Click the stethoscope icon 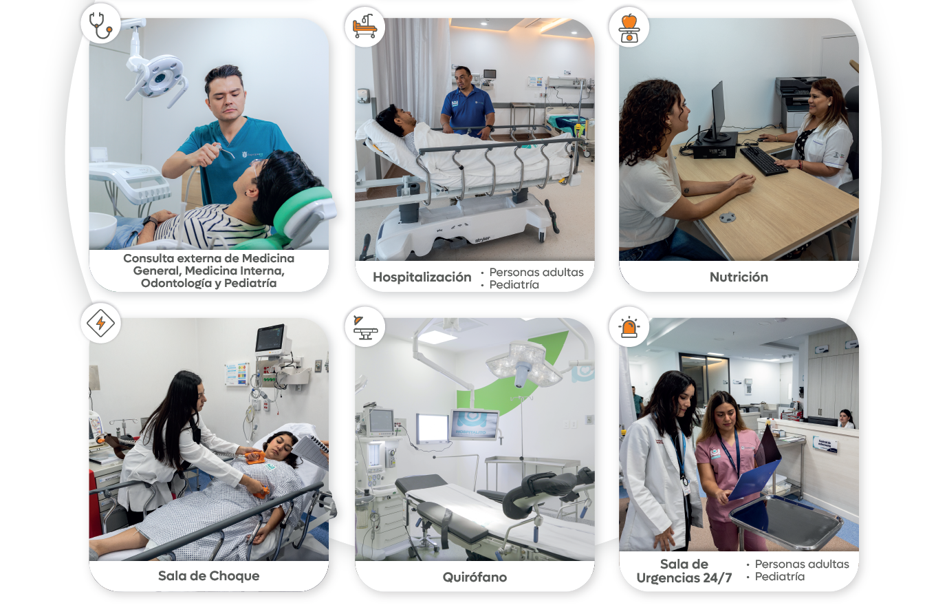[100, 25]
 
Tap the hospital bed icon [364, 26]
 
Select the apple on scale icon [629, 28]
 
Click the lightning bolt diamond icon [100, 324]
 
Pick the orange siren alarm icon [629, 327]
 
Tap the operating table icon [365, 328]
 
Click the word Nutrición [739, 277]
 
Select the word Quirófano [475, 578]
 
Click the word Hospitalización [422, 277]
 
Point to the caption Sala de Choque [209, 576]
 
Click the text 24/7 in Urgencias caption [717, 578]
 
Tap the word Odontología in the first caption [177, 283]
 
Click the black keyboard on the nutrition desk [763, 160]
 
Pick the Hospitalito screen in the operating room [474, 424]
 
